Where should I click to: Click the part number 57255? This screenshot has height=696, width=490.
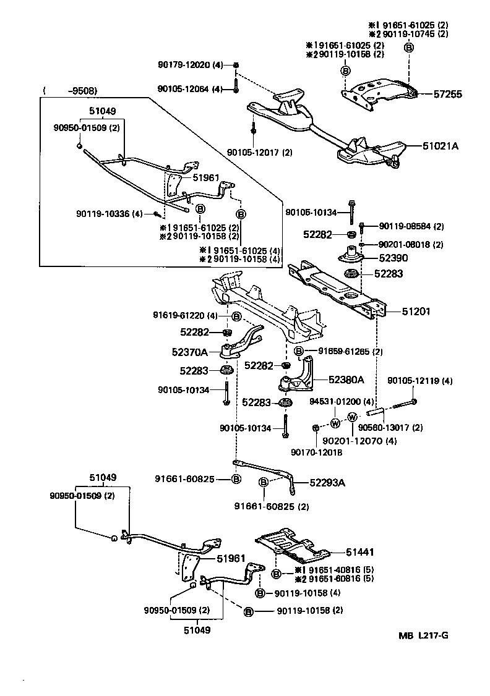(448, 95)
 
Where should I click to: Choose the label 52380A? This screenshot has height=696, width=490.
(346, 380)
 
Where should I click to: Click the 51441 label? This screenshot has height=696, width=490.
(360, 552)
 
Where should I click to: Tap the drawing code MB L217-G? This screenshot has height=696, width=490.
(423, 635)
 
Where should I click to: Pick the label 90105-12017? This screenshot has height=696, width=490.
(260, 152)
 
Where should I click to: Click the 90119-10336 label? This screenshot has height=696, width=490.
(110, 214)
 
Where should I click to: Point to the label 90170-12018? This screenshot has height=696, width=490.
(317, 452)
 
